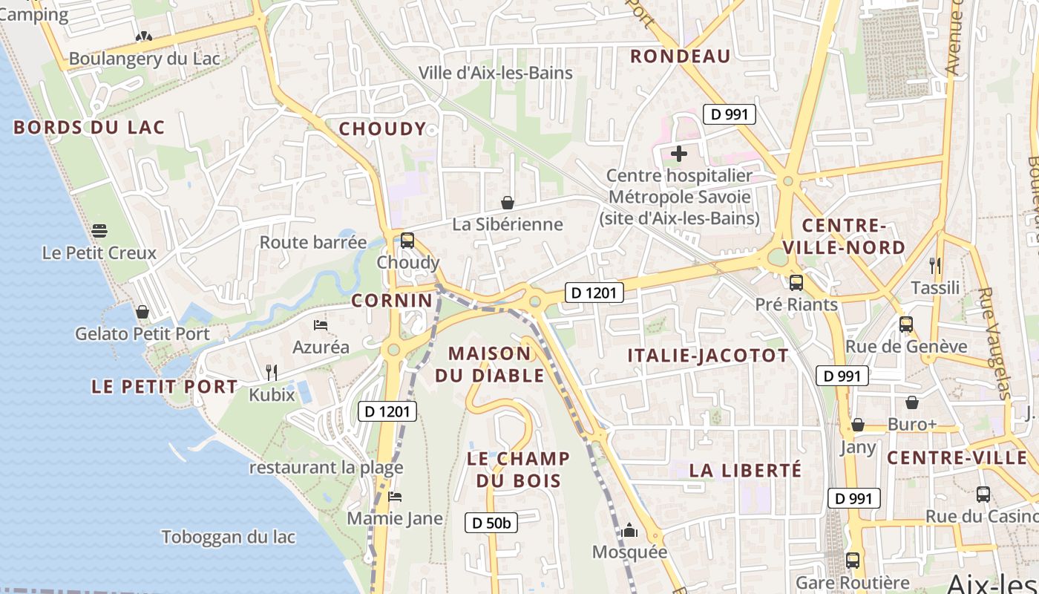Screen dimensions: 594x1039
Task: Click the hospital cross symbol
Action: click(x=678, y=154)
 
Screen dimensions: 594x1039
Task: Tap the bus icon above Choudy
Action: click(x=407, y=241)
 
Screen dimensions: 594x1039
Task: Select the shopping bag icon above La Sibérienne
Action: click(x=508, y=203)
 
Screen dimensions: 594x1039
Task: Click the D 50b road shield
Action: click(x=491, y=523)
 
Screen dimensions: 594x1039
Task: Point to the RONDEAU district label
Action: click(x=681, y=56)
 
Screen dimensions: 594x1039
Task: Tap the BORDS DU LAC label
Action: click(x=89, y=127)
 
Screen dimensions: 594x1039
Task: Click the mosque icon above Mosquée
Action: click(x=629, y=530)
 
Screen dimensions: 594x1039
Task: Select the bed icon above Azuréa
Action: click(x=321, y=325)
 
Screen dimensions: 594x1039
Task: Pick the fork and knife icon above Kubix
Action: click(x=272, y=372)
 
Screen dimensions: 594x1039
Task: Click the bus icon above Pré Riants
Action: click(x=796, y=282)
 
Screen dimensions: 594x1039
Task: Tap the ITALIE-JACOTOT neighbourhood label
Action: click(x=708, y=356)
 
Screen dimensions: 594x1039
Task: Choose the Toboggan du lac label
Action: click(x=229, y=537)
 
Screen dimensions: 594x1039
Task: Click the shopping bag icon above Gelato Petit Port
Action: click(x=142, y=312)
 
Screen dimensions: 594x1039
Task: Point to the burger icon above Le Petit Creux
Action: click(x=99, y=230)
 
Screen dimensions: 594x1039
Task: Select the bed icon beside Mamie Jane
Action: click(x=395, y=497)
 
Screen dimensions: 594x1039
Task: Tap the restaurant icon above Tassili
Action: click(x=935, y=265)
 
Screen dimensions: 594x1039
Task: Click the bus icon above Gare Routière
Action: click(x=853, y=561)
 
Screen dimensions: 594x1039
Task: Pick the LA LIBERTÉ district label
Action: click(x=745, y=470)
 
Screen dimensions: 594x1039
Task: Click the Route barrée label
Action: click(x=312, y=242)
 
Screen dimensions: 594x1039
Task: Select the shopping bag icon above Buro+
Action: click(x=912, y=402)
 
